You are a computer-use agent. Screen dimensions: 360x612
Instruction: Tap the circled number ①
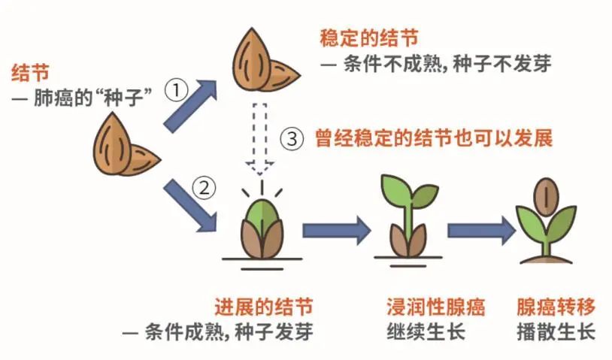coord(175,92)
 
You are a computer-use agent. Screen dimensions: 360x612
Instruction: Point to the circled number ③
coord(292,139)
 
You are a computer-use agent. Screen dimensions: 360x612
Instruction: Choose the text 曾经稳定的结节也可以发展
coord(434,139)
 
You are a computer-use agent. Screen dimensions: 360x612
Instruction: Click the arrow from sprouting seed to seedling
coord(335,229)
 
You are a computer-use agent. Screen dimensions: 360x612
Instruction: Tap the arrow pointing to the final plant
coord(478,229)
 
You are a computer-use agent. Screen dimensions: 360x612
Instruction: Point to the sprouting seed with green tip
coord(261,225)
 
